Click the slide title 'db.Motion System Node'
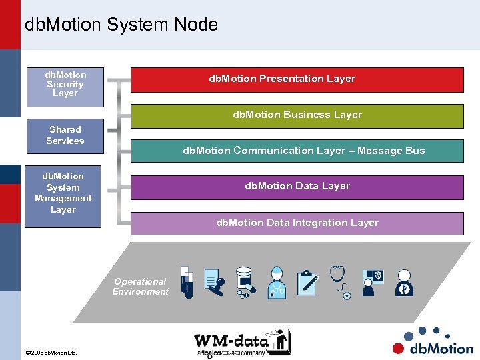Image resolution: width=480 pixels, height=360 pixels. pyautogui.click(x=121, y=25)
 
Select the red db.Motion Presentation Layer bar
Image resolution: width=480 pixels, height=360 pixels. pyautogui.click(x=297, y=79)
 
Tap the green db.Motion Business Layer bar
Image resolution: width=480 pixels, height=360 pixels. pyautogui.click(x=297, y=115)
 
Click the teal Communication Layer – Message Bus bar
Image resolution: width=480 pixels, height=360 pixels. pyautogui.click(x=297, y=151)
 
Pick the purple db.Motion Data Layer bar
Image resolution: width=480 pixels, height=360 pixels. pyautogui.click(x=297, y=187)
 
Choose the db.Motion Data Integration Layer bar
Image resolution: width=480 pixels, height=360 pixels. pyautogui.click(x=297, y=223)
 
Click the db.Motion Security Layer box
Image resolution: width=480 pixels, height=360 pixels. pyautogui.click(x=65, y=85)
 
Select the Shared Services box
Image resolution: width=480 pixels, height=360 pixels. pyautogui.click(x=65, y=135)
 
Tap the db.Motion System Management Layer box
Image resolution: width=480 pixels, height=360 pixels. pyautogui.click(x=63, y=193)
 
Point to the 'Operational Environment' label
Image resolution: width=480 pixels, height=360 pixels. pyautogui.click(x=141, y=287)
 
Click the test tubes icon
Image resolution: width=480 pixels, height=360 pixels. pyautogui.click(x=186, y=282)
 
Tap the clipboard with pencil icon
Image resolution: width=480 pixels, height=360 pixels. pyautogui.click(x=307, y=282)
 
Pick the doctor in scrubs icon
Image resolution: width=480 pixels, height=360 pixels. pyautogui.click(x=276, y=282)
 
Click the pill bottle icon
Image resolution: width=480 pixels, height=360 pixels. pyautogui.click(x=245, y=282)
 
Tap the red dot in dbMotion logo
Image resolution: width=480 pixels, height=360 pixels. pyautogui.click(x=399, y=348)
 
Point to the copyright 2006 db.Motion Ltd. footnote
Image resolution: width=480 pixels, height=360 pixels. pyautogui.click(x=51, y=352)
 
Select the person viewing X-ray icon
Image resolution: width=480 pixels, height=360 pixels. pyautogui.click(x=372, y=282)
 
